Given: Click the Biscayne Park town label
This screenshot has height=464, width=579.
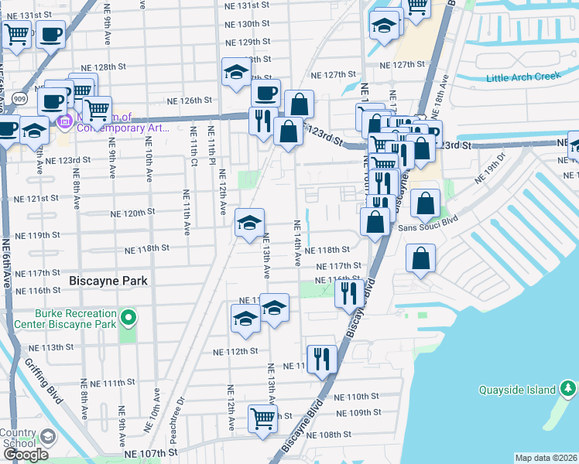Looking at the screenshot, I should point(104,280).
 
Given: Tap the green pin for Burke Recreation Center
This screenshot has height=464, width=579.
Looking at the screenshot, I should point(128,318).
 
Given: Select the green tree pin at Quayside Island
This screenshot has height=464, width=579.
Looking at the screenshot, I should point(569,387).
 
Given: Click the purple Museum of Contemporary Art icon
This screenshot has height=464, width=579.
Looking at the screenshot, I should point(65,121).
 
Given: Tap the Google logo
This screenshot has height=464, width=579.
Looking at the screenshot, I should point(26,454).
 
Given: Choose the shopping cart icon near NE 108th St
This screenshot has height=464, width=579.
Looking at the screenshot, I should point(262,418).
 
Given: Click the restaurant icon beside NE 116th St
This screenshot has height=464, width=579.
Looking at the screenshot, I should point(349,292).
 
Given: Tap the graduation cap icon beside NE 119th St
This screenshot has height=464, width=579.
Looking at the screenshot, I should point(249,223).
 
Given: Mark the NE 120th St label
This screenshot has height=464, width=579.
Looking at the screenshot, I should point(133,213).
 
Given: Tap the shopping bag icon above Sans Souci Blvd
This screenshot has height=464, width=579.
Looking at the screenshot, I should point(426,203).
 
